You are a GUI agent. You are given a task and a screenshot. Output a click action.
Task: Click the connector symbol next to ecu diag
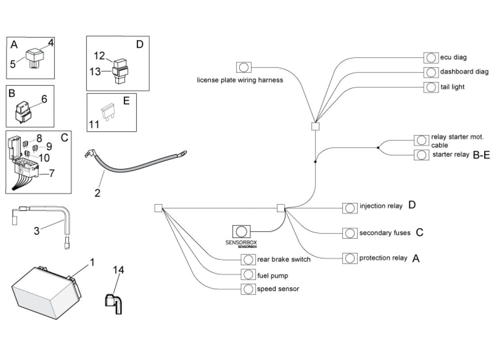click(x=431, y=58)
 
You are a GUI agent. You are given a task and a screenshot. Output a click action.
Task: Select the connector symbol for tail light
click(x=431, y=87)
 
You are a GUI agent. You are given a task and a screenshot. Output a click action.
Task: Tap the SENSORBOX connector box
click(x=241, y=232)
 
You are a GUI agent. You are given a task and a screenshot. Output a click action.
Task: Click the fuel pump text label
click(x=272, y=275)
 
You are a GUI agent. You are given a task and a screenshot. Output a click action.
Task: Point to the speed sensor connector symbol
click(x=248, y=289)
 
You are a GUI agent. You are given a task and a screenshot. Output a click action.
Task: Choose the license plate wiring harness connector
click(x=243, y=67)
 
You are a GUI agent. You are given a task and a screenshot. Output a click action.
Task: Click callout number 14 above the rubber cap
click(x=118, y=270)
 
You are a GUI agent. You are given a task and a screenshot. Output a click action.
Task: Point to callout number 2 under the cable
click(x=97, y=193)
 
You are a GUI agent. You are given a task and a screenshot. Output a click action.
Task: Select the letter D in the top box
click(x=139, y=44)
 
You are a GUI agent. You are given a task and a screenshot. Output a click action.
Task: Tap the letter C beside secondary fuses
click(x=419, y=233)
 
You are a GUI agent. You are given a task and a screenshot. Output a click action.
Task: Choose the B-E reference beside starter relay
click(x=481, y=155)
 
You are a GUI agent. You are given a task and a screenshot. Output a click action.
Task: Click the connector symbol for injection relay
click(x=350, y=207)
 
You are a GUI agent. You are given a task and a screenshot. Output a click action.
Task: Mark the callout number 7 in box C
click(x=51, y=173)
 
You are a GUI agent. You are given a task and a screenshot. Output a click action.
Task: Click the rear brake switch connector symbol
click(x=248, y=260)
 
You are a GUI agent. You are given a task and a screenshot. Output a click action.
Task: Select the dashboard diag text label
click(x=464, y=72)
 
